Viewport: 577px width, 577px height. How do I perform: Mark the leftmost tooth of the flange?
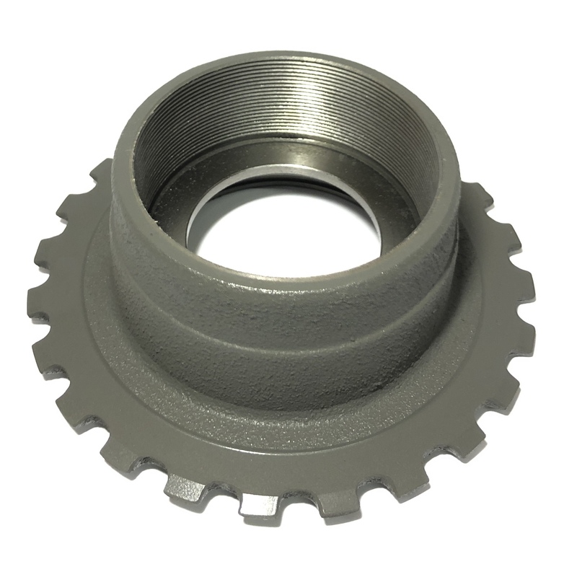pyautogui.click(x=40, y=303)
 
